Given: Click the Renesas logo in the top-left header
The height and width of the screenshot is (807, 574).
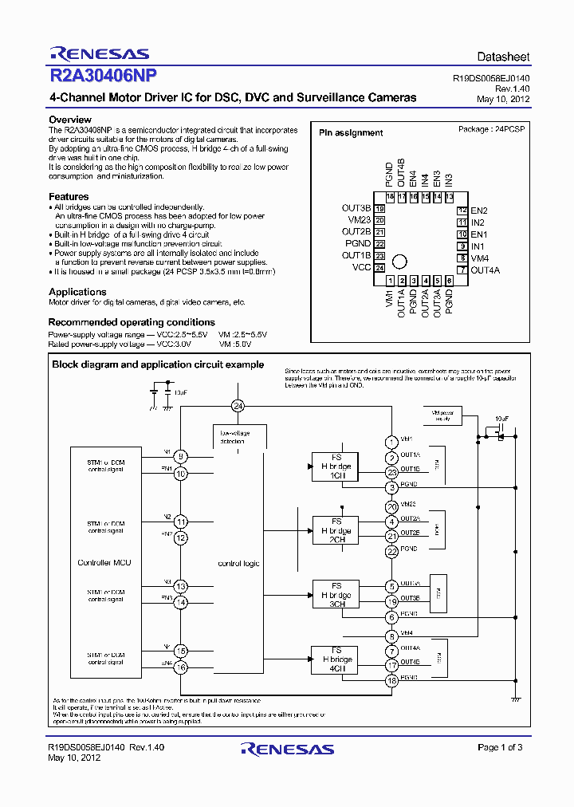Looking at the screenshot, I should (x=99, y=54).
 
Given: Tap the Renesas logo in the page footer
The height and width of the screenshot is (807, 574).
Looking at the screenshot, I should (x=287, y=750).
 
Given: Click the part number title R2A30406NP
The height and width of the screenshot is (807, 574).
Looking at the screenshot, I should (x=104, y=77).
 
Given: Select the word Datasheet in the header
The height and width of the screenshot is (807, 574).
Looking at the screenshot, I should (x=503, y=57).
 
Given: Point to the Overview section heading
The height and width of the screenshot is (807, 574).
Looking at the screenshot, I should (x=70, y=120).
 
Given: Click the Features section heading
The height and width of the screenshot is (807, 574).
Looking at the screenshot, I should (x=69, y=196).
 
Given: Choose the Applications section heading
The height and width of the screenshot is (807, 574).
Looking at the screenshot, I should (x=77, y=292).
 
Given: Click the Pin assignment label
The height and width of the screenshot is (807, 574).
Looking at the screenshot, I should (x=351, y=133).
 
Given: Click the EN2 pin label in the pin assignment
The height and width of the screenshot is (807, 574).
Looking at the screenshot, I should (x=479, y=211).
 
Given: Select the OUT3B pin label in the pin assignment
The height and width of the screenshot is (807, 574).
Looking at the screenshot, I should (x=356, y=209).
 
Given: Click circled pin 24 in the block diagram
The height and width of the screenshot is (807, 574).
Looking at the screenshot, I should (x=238, y=406).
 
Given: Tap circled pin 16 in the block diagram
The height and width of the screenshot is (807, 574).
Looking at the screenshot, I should (x=182, y=667).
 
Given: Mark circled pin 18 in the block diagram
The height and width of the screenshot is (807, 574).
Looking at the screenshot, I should (x=391, y=680).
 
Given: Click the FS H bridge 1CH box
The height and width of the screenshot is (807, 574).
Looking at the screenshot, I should (x=336, y=466).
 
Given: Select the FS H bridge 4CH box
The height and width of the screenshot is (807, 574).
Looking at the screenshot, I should (x=336, y=659).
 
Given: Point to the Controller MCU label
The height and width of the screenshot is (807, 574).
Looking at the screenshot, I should (x=104, y=563).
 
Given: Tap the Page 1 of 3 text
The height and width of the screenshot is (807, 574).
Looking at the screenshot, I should (x=500, y=747).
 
